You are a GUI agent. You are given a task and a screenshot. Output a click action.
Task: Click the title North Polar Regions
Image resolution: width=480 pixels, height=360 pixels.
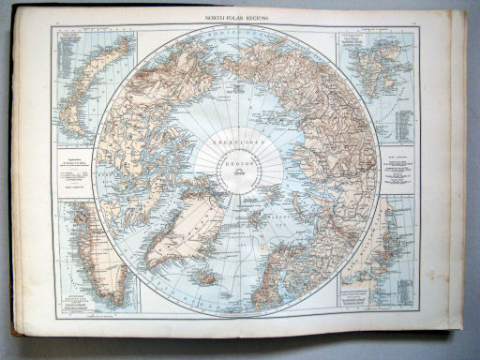[x=240, y=18]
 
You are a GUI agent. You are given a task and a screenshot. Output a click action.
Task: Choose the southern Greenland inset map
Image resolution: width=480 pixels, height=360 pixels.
[x=94, y=248]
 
